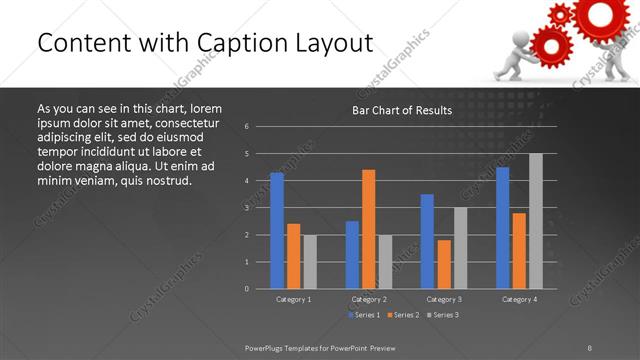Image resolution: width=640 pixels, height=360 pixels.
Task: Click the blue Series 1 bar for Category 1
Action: coord(277,230)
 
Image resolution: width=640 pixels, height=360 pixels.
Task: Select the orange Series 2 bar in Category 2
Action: coord(369,228)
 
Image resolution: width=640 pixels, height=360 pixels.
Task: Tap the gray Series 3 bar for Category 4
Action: coord(536,220)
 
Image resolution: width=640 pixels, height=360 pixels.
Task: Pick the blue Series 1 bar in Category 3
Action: coord(427,241)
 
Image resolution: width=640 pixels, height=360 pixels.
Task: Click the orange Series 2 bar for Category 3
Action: coord(444,264)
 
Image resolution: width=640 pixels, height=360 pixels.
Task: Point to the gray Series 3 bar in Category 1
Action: coord(310,261)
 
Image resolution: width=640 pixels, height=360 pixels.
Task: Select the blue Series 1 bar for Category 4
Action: coord(503,227)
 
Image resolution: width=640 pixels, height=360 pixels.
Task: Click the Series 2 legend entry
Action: coord(402,315)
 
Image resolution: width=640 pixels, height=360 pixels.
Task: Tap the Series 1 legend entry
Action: coord(363,315)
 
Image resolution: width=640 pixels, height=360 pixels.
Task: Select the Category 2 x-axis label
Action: coord(369,299)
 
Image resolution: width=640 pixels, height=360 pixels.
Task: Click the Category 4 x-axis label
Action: coord(519,299)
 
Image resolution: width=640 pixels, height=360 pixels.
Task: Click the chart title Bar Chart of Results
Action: coord(402,110)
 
